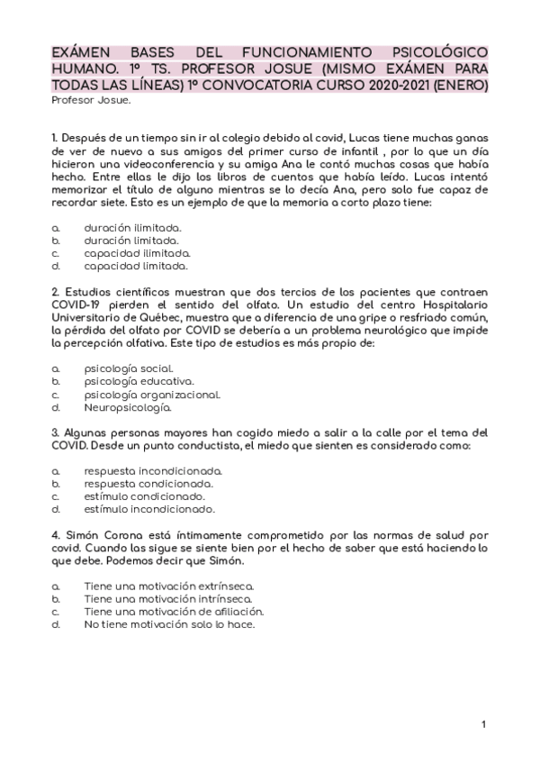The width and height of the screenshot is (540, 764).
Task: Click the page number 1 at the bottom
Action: click(483, 724)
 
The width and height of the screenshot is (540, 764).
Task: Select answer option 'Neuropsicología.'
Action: click(127, 408)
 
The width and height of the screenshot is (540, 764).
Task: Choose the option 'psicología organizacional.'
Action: click(151, 395)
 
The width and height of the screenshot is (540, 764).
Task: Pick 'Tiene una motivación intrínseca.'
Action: click(168, 598)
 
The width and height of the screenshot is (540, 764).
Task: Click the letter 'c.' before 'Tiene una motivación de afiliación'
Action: click(56, 611)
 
